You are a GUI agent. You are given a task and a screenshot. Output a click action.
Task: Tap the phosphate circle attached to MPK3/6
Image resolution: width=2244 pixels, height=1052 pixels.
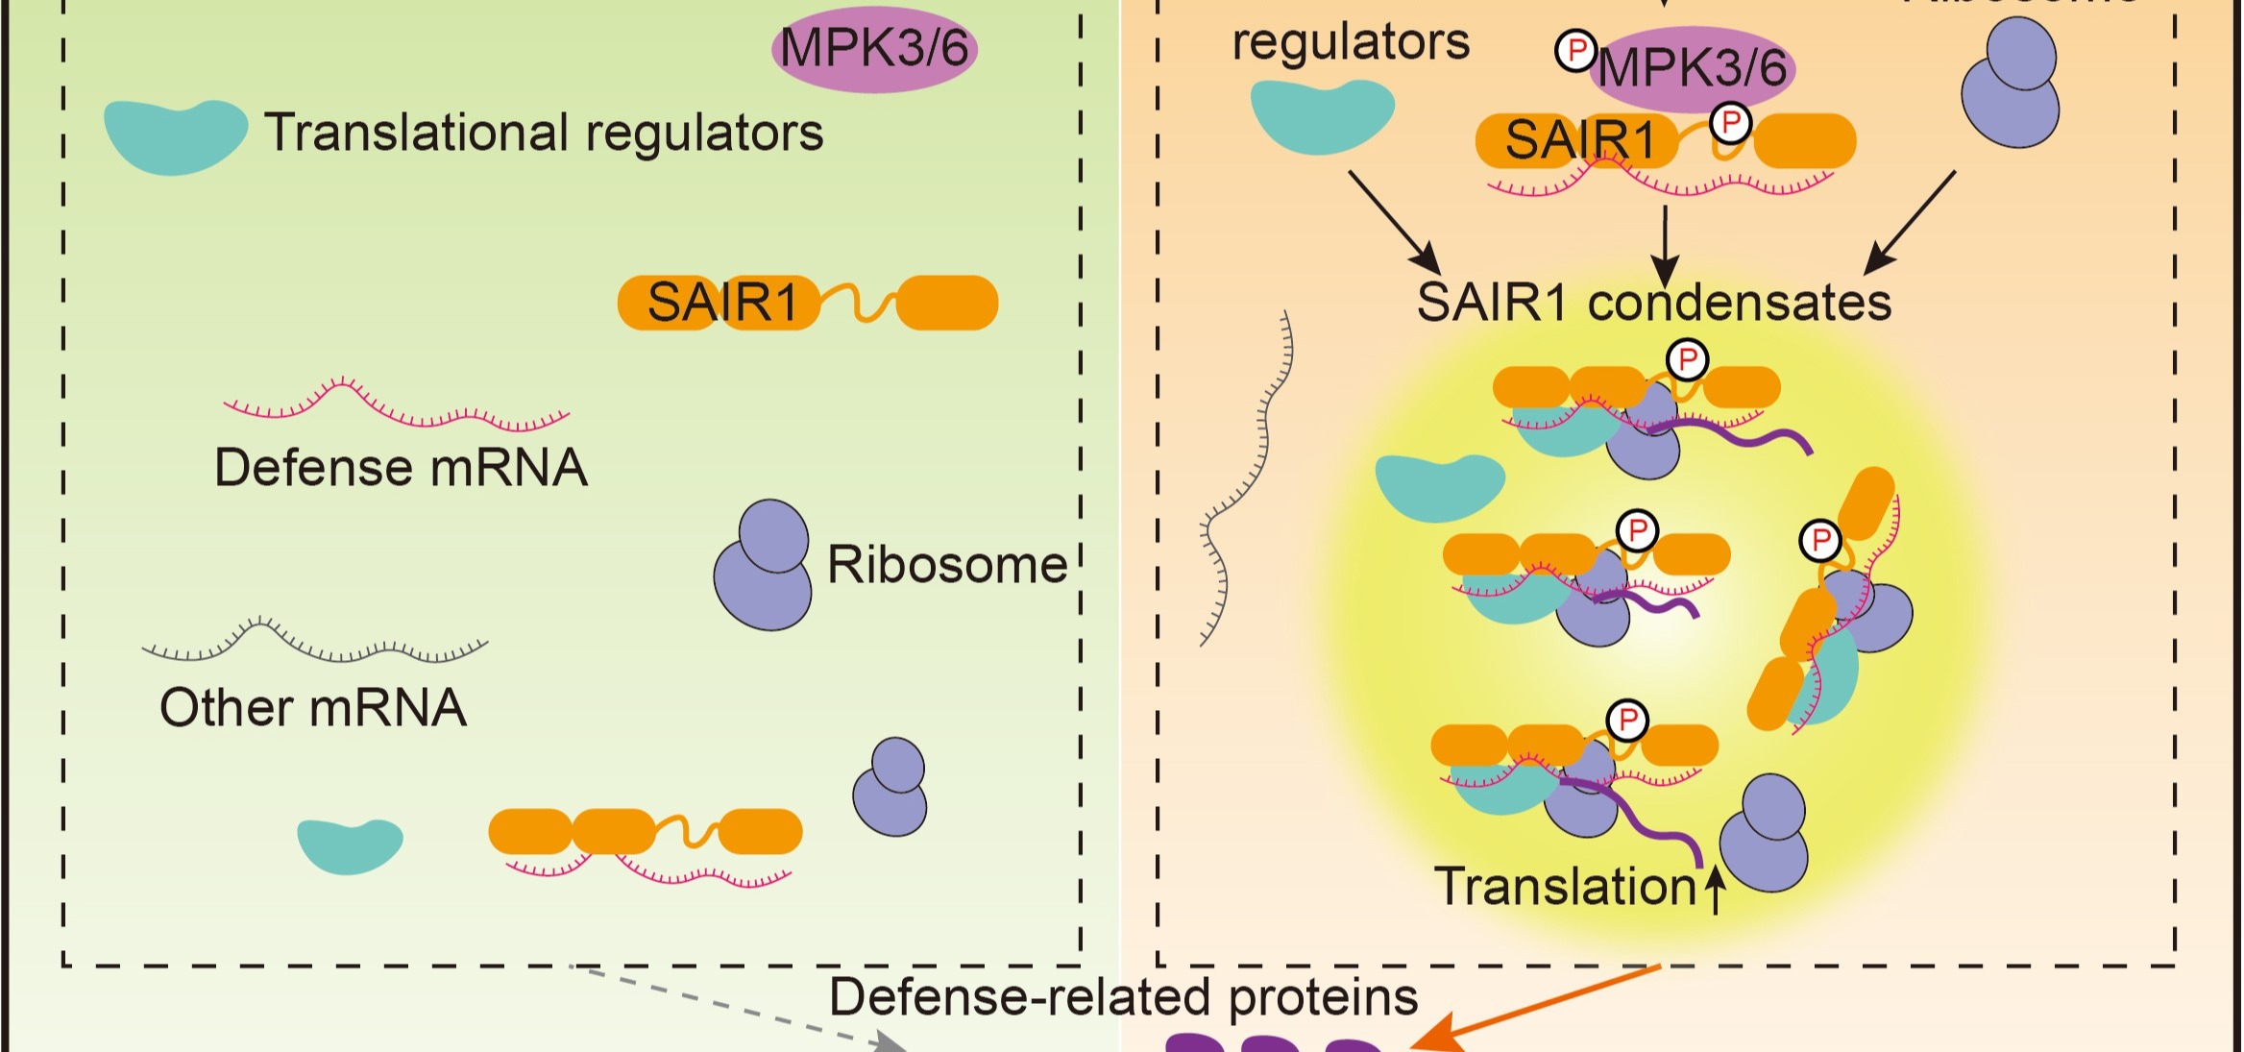coord(1575,51)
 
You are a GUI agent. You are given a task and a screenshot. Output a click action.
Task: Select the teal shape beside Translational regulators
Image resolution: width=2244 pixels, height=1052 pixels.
coord(175,135)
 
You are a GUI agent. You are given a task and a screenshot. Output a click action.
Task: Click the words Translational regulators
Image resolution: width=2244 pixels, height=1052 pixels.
coord(544,133)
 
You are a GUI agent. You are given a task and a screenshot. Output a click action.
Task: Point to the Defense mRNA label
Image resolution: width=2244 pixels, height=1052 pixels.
coord(401,468)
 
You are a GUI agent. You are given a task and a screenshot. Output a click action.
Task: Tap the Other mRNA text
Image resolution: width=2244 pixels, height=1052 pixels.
coord(313,708)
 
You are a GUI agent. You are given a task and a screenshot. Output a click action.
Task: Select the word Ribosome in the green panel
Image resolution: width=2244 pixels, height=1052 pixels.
coord(946,565)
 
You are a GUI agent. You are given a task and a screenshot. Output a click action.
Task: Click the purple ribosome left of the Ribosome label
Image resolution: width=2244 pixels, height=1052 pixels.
coord(763,567)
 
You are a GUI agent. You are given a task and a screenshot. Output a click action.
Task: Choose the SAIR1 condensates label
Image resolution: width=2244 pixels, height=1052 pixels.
coord(1653,303)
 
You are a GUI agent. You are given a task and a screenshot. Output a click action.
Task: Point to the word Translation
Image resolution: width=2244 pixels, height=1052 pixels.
coord(1565,887)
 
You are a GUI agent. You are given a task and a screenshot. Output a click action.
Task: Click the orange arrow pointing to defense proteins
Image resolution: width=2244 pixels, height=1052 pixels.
coord(1537,1009)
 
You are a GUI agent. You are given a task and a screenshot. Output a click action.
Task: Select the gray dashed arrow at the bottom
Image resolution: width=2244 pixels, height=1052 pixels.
coord(740,1007)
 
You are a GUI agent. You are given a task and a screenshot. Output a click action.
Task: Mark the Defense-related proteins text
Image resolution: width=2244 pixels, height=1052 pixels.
coord(1123,997)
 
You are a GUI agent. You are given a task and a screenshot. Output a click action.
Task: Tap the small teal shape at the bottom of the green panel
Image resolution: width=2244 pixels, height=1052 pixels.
coord(350,845)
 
